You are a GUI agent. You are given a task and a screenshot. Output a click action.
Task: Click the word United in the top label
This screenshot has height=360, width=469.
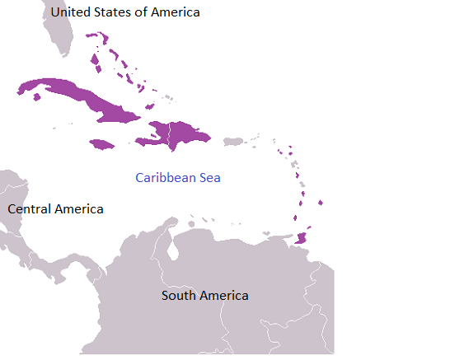(x=72, y=12)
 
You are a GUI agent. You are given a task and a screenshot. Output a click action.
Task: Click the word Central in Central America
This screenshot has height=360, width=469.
(x=31, y=209)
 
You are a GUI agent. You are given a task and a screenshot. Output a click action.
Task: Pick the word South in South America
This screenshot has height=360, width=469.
(x=178, y=296)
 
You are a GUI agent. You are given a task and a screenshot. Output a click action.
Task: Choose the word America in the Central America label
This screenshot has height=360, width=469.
(x=80, y=209)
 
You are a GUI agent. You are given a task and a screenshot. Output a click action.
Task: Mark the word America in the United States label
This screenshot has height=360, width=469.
(x=174, y=12)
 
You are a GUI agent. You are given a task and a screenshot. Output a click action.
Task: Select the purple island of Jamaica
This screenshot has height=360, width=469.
(x=102, y=144)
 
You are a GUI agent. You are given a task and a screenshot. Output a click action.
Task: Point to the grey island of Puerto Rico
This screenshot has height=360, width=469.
(x=233, y=142)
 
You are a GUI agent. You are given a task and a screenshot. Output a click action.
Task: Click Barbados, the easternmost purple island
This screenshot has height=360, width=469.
(x=321, y=203)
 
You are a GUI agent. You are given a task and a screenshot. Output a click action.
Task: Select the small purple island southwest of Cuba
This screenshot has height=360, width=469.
(x=36, y=98)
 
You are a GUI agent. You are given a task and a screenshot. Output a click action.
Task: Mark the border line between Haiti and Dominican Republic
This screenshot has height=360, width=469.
(x=170, y=134)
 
